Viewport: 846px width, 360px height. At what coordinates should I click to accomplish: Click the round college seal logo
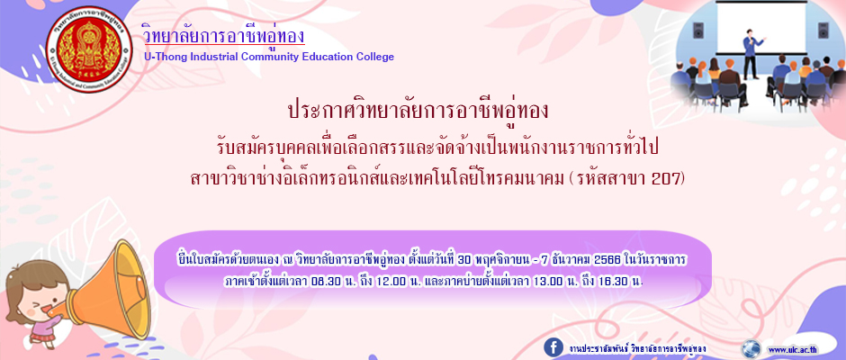click(89, 49)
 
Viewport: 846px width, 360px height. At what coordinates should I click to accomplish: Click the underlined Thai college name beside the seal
click(223, 34)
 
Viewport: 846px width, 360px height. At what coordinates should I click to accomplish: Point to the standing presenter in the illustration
click(751, 53)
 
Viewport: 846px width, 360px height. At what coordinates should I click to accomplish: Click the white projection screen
click(761, 26)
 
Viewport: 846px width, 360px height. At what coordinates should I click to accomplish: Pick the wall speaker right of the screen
click(823, 30)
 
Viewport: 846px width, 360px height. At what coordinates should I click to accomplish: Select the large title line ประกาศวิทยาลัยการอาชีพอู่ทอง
click(418, 112)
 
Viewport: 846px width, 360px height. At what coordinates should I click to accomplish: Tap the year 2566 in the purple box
click(607, 261)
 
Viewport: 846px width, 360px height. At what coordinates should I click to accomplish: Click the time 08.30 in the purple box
click(325, 283)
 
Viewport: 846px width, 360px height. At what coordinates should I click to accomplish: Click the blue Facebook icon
click(553, 347)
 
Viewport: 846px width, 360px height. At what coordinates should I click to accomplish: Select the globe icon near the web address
click(751, 348)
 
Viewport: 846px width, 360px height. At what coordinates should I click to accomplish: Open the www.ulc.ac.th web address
click(792, 349)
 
